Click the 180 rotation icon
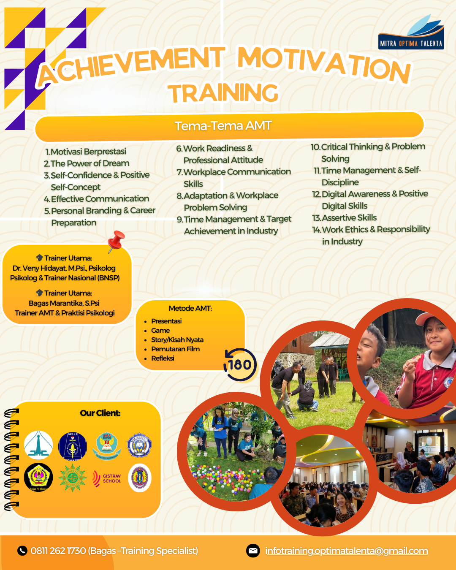point(240,364)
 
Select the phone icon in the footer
point(22,551)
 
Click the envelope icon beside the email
point(253,551)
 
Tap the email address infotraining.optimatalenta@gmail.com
point(346,551)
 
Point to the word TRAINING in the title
point(223,93)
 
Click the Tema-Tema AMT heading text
point(223,126)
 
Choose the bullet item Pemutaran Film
point(175,349)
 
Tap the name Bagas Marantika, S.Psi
point(64,303)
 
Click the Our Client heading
point(100,413)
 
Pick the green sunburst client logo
point(72,478)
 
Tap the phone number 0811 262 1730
point(58,551)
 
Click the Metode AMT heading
point(190,308)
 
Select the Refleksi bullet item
point(163,358)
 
